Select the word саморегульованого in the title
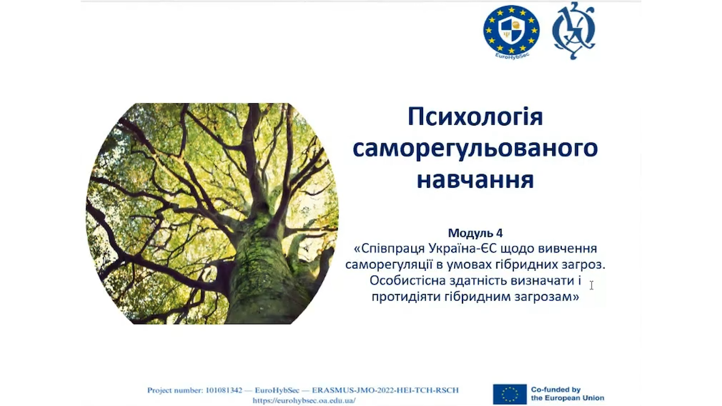coord(476,149)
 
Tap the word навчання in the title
coord(476,180)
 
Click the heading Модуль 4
coord(476,233)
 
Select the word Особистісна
coord(407,280)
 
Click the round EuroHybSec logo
coord(512,31)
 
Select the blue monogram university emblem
coord(574,30)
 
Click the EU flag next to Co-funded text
coord(509,394)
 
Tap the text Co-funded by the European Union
coord(567,394)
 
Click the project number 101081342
coord(224,390)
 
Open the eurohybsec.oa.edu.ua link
coord(304,400)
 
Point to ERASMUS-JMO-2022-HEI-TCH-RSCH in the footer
coord(385,390)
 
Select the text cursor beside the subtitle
coord(592,285)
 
